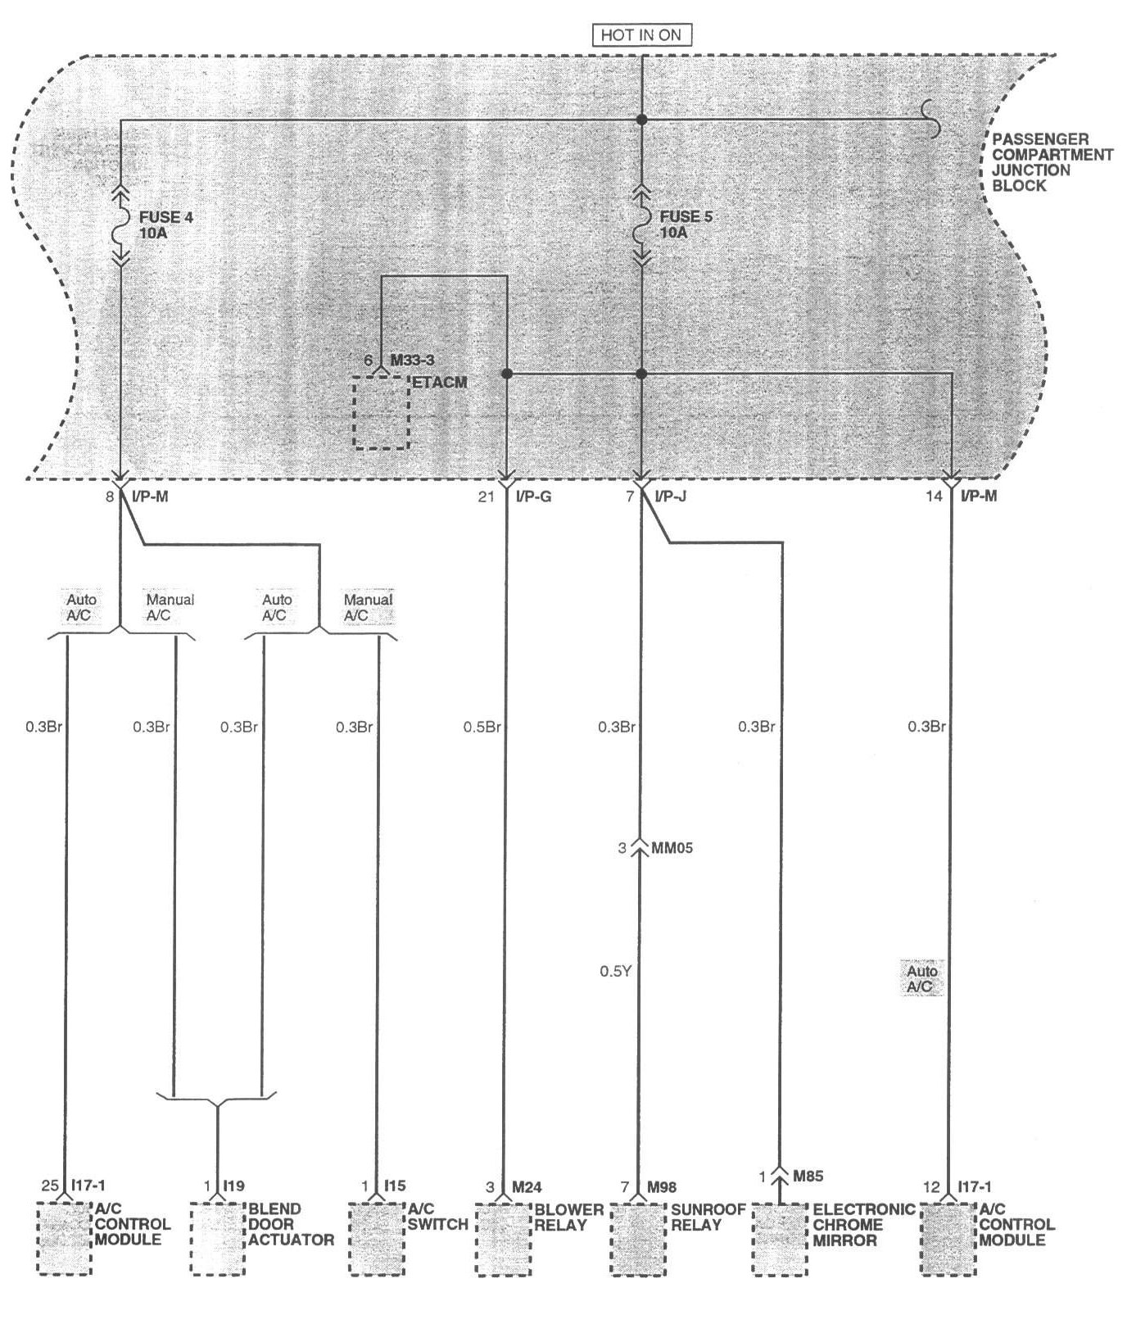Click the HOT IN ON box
[x=641, y=35]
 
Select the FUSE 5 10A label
[x=680, y=224]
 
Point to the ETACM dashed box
[x=381, y=412]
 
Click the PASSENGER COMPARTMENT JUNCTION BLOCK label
[x=1052, y=162]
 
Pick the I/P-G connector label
[x=534, y=496]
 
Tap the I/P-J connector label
[x=670, y=496]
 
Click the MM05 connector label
[x=671, y=847]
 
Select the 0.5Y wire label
[x=614, y=972]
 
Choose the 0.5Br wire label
[x=482, y=727]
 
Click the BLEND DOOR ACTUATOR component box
[x=218, y=1238]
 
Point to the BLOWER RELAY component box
[x=504, y=1238]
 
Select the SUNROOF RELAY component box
[x=637, y=1238]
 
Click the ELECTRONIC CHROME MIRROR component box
[x=779, y=1238]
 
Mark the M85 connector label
[x=808, y=1177]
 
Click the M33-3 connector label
[x=412, y=360]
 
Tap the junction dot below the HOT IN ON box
[x=641, y=120]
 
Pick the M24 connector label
[x=527, y=1186]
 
